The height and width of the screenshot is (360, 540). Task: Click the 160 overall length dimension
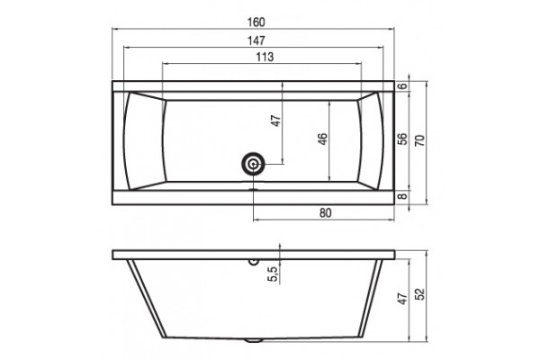coord(256,22)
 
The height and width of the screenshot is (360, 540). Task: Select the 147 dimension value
coord(256,40)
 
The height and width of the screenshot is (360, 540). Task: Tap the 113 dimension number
coord(265,57)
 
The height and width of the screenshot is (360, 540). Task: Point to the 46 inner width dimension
coord(323,139)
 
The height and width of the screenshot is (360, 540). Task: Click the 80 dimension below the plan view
coord(325,213)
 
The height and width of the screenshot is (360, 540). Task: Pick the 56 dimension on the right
coord(402,139)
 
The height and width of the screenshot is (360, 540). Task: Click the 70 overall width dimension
coord(420,140)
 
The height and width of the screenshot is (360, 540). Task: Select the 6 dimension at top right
coord(402,86)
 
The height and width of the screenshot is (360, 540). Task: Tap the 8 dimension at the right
coord(402,197)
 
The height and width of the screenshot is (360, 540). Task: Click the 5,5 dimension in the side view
coord(273,274)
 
